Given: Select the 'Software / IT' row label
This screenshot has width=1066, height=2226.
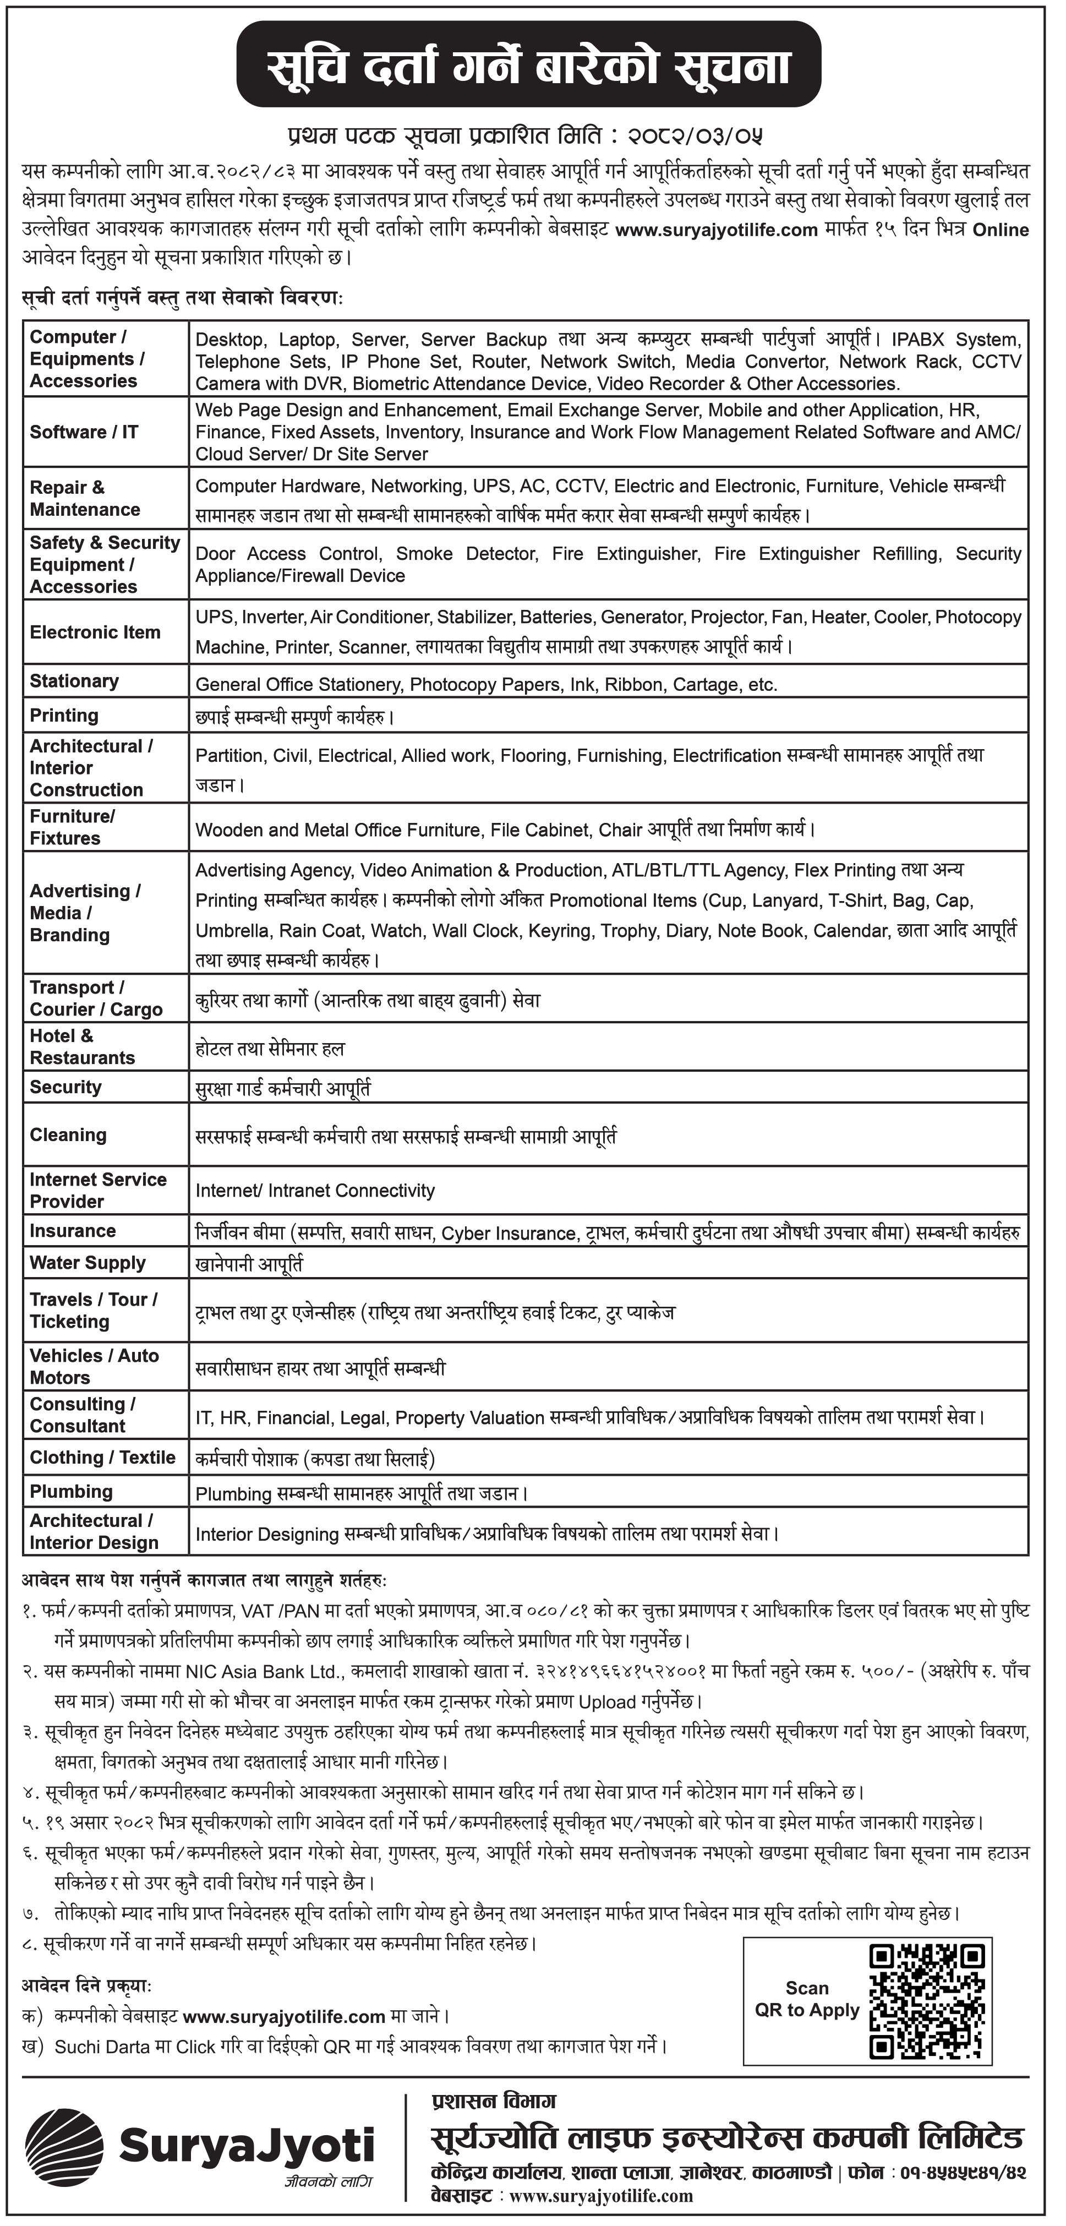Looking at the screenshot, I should pyautogui.click(x=84, y=432).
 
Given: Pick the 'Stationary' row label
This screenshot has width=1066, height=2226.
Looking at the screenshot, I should pyautogui.click(x=74, y=681).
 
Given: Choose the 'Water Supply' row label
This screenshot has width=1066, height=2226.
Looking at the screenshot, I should pyautogui.click(x=88, y=1263).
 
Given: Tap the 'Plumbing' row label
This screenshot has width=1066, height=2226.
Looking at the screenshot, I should pyautogui.click(x=71, y=1492).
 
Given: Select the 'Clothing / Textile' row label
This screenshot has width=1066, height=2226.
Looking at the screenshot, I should pyautogui.click(x=102, y=1457).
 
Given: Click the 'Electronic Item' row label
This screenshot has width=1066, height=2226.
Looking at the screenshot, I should pyautogui.click(x=95, y=632).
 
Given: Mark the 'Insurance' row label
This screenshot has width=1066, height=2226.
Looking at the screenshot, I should pyautogui.click(x=73, y=1231).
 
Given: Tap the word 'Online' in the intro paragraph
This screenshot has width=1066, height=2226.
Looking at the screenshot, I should pyautogui.click(x=1001, y=230).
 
